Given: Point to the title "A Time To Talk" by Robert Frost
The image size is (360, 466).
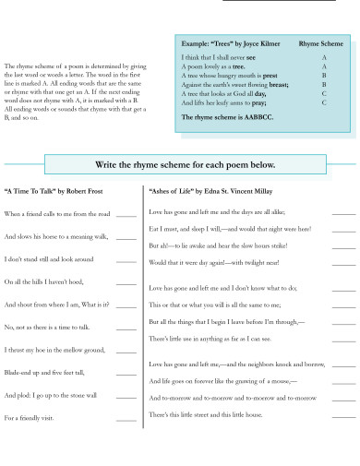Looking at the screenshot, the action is (47, 192).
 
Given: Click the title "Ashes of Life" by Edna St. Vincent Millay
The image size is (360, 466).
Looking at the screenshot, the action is (214, 192).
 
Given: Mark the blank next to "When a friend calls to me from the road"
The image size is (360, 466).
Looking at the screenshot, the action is (126, 214).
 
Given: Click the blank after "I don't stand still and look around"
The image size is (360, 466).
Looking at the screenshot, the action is (126, 259).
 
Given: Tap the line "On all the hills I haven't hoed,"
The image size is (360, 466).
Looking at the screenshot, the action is (43, 282).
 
